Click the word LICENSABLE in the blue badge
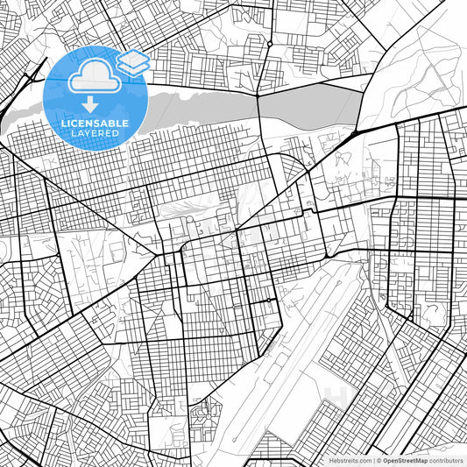tap(95, 123)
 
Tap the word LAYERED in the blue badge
tap(95, 133)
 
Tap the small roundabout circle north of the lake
tap(270, 42)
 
